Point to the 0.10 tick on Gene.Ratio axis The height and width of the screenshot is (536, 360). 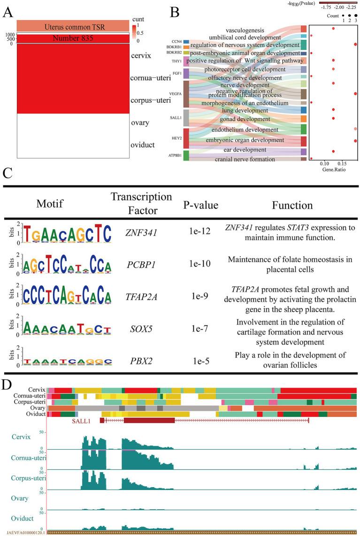323,164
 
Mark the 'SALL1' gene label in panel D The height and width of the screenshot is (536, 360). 81,421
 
